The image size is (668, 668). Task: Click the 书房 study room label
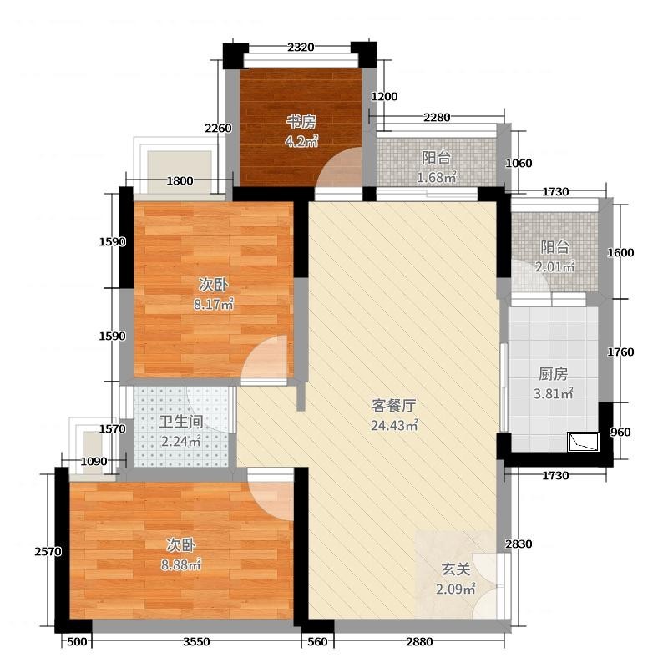[x=301, y=122]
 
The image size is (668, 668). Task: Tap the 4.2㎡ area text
[x=301, y=141]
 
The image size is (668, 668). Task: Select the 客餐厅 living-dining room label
[x=393, y=406]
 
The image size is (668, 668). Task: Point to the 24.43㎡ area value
[x=394, y=425]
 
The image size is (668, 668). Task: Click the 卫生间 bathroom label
[x=181, y=422]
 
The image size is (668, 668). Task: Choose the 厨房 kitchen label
[x=554, y=374]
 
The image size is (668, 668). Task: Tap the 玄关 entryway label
[x=456, y=569]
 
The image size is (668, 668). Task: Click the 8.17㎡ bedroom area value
[x=214, y=304]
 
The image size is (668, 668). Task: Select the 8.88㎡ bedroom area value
[x=181, y=565]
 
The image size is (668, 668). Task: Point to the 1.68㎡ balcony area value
[x=437, y=177]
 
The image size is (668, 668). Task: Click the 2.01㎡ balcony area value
[x=555, y=266]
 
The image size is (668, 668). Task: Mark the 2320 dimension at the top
[x=301, y=48]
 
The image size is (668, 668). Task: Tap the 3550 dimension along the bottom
[x=196, y=641]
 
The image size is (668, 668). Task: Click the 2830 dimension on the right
[x=519, y=544]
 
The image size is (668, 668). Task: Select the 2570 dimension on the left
[x=48, y=552]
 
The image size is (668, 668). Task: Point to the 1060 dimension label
[x=519, y=163]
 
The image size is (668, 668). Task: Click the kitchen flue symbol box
[x=583, y=442]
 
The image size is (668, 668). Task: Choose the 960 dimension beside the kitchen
[x=620, y=433]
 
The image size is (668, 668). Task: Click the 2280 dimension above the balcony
[x=437, y=117]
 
